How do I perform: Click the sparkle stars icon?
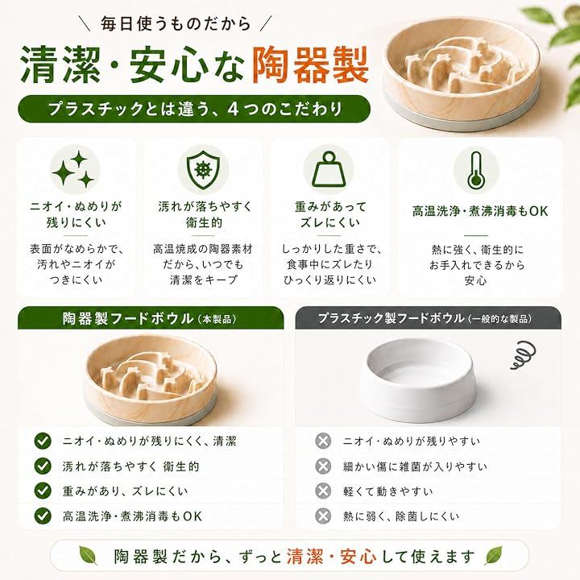pyautogui.click(x=73, y=170)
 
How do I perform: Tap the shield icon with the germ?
pyautogui.click(x=203, y=170)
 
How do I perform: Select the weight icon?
pyautogui.click(x=329, y=170)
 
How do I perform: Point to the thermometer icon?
pyautogui.click(x=476, y=170)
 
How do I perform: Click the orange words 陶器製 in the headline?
pyautogui.click(x=310, y=65)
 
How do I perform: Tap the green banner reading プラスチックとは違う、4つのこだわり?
pyautogui.click(x=194, y=109)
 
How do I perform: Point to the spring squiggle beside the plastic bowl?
pyautogui.click(x=523, y=354)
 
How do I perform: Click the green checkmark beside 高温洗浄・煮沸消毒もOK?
pyautogui.click(x=43, y=516)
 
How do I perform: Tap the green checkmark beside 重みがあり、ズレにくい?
pyautogui.click(x=43, y=491)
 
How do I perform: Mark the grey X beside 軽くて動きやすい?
pyautogui.click(x=323, y=491)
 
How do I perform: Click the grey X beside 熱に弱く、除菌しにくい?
pyautogui.click(x=323, y=516)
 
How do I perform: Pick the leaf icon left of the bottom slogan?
pyautogui.click(x=89, y=556)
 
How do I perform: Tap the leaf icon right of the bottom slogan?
pyautogui.click(x=494, y=555)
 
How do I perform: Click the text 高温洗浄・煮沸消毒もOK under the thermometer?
pyautogui.click(x=480, y=211)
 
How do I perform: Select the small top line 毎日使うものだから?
pyautogui.click(x=176, y=24)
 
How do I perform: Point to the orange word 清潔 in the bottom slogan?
pyautogui.click(x=304, y=557)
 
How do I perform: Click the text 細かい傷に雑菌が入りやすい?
pyautogui.click(x=415, y=466)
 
